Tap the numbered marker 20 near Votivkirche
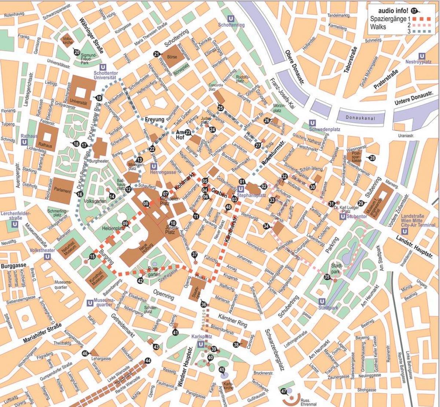(76, 52)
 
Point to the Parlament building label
(62, 191)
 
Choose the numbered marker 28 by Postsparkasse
(372, 158)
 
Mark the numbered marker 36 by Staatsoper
(203, 304)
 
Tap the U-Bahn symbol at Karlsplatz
(201, 344)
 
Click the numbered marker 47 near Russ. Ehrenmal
(283, 391)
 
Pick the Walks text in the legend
(378, 27)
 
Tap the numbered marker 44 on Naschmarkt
(148, 360)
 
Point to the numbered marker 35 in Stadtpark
(327, 277)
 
